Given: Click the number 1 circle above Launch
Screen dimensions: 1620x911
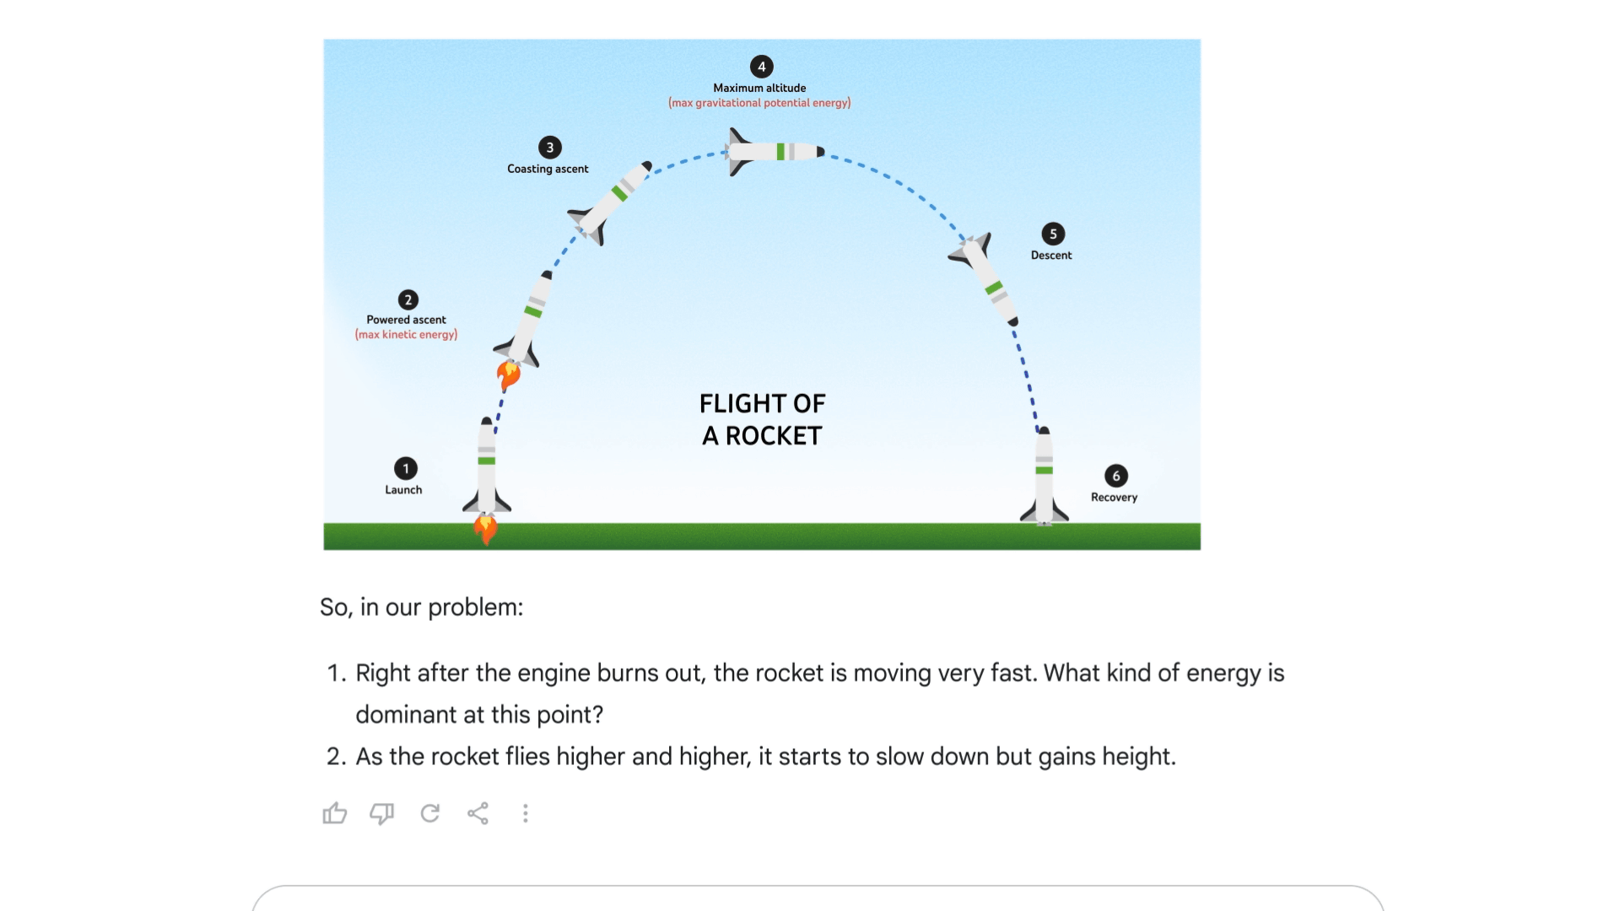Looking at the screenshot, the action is [x=406, y=468].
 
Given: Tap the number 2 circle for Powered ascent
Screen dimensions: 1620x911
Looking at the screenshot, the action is [x=408, y=299].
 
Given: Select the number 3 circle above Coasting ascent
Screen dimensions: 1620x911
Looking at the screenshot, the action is [x=550, y=148].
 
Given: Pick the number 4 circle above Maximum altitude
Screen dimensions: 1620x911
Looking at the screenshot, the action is [x=762, y=67].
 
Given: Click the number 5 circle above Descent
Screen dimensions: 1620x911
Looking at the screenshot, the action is [x=1053, y=234].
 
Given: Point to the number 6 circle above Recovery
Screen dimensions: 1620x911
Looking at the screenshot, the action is [x=1116, y=476].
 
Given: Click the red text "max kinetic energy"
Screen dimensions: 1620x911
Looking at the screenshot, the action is [x=407, y=335].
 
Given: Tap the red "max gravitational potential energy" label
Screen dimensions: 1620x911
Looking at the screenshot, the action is [x=759, y=103].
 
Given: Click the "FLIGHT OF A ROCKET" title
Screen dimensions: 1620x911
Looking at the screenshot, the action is [x=763, y=419].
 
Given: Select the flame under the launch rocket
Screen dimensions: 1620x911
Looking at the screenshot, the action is [x=485, y=530].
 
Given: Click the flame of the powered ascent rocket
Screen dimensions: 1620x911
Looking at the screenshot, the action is [x=508, y=375].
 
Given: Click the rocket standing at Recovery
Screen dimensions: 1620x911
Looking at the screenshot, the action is [x=1045, y=477].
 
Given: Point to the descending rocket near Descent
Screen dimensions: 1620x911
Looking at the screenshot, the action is [x=984, y=278].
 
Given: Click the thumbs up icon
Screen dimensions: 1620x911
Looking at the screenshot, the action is [x=335, y=813].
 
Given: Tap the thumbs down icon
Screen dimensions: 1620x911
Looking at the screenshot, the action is [x=382, y=813].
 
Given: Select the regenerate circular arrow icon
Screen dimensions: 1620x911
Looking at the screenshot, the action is [x=430, y=813].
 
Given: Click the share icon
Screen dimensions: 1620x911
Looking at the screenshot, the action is [x=478, y=813].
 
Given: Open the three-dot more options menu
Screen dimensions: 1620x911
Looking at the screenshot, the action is [x=526, y=813].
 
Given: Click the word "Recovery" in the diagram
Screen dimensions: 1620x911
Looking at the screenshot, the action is [x=1115, y=498].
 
